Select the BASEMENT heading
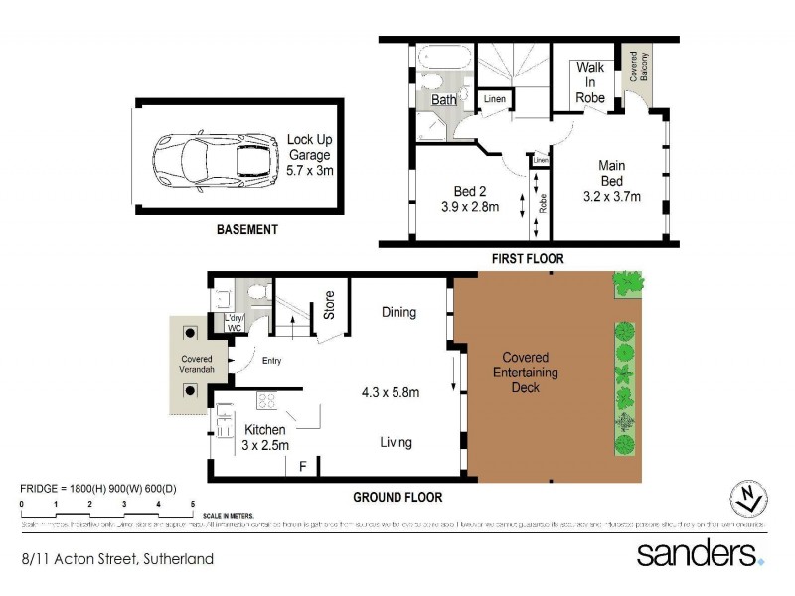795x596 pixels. pos(247,229)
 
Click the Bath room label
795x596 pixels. pos(443,100)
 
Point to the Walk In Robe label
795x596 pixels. pos(591,82)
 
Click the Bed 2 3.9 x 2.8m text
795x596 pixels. pos(469,199)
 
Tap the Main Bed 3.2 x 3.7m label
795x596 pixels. pos(610,181)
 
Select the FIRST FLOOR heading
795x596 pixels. pos(527,259)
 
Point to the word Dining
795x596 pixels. pos(398,312)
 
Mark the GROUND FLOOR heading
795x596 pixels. pos(398,497)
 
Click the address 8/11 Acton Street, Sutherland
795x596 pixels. pos(117,559)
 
